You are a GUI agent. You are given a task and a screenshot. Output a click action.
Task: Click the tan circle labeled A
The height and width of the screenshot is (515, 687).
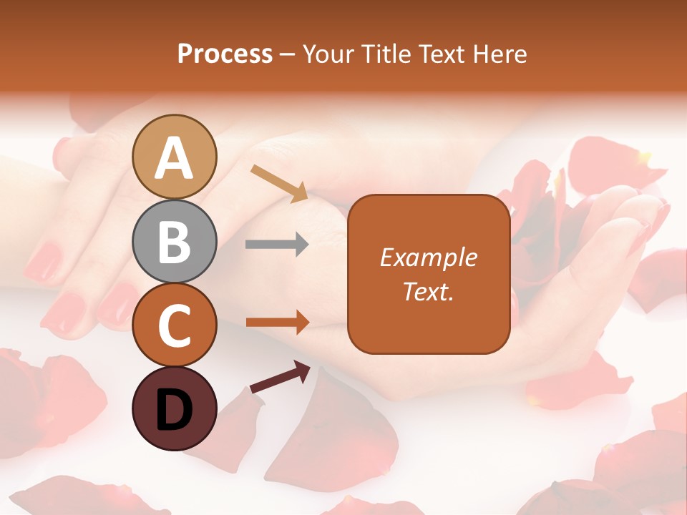coord(175,157)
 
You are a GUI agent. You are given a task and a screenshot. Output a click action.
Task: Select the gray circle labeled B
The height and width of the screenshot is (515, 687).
coord(175,241)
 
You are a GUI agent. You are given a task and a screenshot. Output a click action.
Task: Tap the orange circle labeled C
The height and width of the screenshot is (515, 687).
coord(175,325)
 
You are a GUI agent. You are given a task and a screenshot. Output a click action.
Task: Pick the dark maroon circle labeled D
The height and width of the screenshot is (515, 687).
coord(175,409)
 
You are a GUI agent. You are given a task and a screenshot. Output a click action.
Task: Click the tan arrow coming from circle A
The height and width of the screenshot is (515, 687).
coord(279,183)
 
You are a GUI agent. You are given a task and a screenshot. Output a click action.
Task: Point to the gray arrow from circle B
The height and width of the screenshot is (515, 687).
coord(277,245)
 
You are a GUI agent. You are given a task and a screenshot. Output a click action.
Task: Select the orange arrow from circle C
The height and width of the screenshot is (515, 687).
coord(278,323)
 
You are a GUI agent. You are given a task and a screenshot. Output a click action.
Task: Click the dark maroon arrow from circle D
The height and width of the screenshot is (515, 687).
coord(280,377)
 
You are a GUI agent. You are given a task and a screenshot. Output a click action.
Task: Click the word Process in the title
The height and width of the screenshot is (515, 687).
coord(225,54)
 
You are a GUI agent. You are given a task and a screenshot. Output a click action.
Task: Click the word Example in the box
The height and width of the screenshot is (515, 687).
coord(429,257)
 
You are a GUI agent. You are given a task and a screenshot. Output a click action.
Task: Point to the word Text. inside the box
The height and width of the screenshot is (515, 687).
coord(429,291)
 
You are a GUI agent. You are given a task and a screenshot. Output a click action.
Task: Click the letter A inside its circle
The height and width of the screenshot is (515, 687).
coord(175,158)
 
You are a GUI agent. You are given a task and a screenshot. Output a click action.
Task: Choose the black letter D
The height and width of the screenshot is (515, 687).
coord(175,411)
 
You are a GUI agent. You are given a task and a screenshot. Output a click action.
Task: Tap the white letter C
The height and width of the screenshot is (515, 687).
coord(175,326)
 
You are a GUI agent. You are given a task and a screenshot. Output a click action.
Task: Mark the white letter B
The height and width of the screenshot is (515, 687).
coord(175,242)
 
